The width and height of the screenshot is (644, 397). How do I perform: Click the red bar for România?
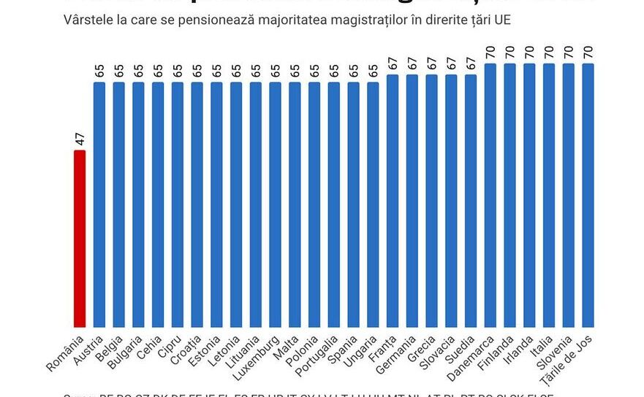coord(80,239)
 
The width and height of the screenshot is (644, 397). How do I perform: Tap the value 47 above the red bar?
coord(80,139)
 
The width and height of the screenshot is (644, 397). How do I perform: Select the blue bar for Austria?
coord(99,204)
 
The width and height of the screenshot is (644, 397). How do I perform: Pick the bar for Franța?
coord(393,201)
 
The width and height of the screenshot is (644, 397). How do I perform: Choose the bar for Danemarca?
coord(490,196)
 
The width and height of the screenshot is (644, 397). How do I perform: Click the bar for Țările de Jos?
coord(588,196)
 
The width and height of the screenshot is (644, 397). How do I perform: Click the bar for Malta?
coord(295,204)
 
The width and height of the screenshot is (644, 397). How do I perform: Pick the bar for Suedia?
coord(471,201)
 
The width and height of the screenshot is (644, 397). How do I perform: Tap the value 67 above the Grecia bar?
coord(432,63)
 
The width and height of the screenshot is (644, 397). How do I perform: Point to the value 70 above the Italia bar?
coord(549,52)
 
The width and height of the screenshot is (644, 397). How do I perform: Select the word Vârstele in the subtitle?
coord(85,20)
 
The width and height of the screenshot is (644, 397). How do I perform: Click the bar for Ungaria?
coord(373,204)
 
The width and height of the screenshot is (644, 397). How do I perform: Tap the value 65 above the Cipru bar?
coord(178,70)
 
